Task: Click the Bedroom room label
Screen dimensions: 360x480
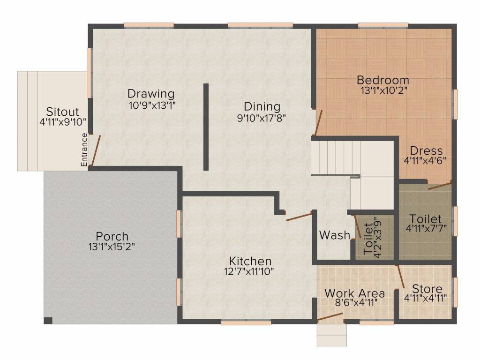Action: pyautogui.click(x=382, y=80)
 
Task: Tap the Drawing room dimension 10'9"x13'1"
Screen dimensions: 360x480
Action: pyautogui.click(x=151, y=105)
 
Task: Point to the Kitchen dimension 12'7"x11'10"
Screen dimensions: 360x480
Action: pyautogui.click(x=249, y=271)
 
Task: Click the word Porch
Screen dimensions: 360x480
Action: pyautogui.click(x=112, y=235)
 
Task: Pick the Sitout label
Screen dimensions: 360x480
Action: pyautogui.click(x=62, y=112)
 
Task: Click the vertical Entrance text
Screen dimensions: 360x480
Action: pyautogui.click(x=84, y=150)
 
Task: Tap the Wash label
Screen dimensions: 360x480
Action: pyautogui.click(x=334, y=235)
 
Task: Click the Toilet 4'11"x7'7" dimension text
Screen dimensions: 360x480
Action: pyautogui.click(x=425, y=229)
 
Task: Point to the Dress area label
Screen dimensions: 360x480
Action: pyautogui.click(x=426, y=151)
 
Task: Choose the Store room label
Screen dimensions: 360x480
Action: pyautogui.click(x=425, y=288)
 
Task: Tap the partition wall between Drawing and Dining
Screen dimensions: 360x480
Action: pyautogui.click(x=206, y=127)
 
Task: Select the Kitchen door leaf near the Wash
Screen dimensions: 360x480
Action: pyautogui.click(x=299, y=216)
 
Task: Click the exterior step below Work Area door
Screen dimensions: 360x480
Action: pyautogui.click(x=331, y=335)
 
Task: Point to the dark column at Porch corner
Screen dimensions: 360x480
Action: pyautogui.click(x=48, y=321)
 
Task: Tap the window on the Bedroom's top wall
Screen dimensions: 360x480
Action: pyautogui.click(x=383, y=25)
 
